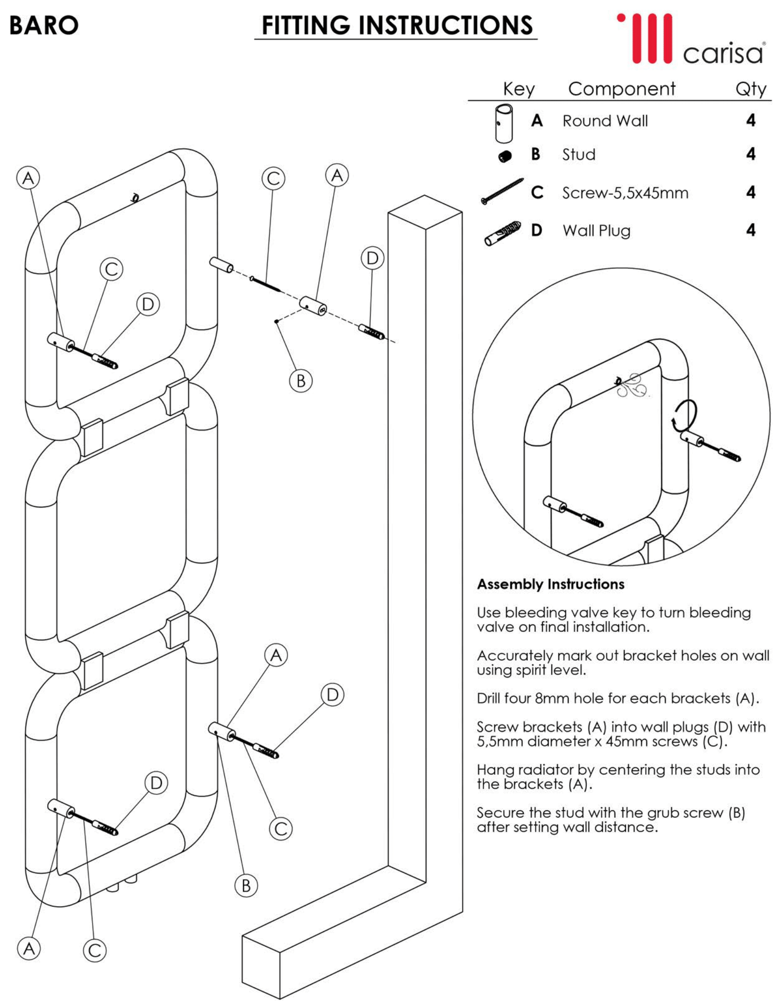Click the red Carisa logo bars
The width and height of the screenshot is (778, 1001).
[647, 38]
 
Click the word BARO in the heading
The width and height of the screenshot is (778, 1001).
[44, 25]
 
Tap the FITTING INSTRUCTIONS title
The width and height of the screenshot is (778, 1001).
[397, 25]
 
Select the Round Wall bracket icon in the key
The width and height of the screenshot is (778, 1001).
[504, 123]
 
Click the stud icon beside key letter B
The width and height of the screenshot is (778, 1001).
[505, 156]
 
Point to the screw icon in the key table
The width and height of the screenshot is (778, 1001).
[502, 191]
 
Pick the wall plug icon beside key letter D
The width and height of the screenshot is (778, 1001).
[503, 232]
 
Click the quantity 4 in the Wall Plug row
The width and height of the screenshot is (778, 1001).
[750, 230]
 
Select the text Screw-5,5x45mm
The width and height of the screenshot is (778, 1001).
[625, 193]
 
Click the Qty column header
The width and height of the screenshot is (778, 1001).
[750, 89]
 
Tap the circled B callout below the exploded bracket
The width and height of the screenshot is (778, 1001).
[301, 381]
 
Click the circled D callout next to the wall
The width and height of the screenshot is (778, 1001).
[372, 258]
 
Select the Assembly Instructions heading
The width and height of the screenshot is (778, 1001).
[550, 584]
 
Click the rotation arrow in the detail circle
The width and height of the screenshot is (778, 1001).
[685, 415]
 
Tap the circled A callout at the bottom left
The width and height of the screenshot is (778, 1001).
[29, 949]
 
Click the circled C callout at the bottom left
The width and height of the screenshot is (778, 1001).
[94, 950]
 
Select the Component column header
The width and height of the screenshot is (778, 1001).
[621, 89]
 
